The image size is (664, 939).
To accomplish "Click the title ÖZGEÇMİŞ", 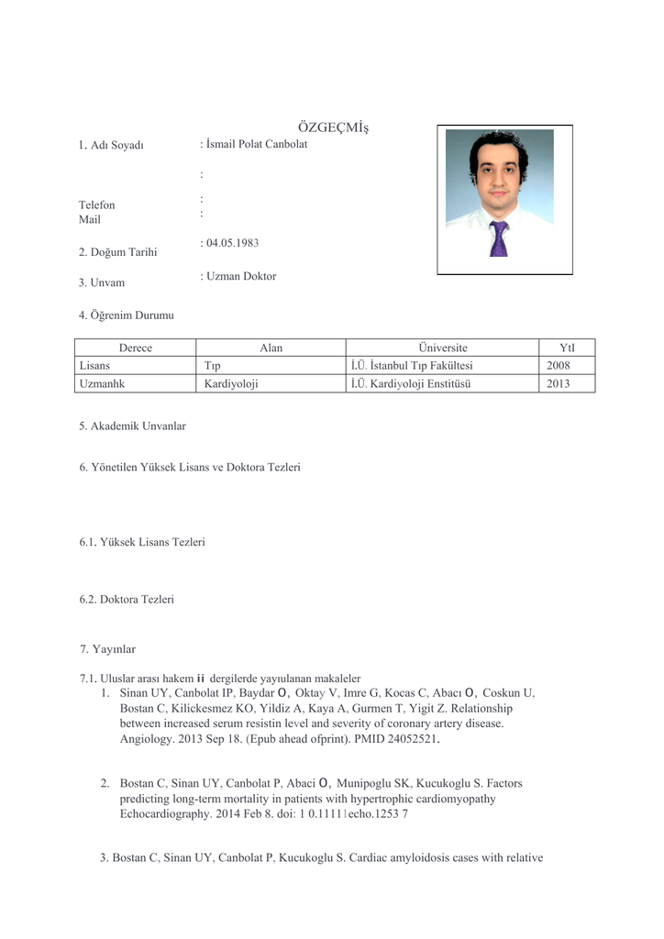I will click(326, 127).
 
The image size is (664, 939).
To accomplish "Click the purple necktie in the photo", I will click(498, 238).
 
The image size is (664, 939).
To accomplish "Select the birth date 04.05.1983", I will click(233, 243).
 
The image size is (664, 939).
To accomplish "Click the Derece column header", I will click(135, 348).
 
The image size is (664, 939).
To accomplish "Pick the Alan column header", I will click(271, 348).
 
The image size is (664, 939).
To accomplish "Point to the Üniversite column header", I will click(442, 348).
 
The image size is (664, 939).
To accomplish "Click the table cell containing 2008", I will click(558, 366).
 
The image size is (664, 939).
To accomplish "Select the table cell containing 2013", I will click(558, 384).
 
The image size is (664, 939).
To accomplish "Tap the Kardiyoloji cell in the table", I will click(231, 384).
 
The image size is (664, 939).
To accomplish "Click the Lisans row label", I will click(95, 366).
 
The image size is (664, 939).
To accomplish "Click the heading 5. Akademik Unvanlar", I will click(132, 425).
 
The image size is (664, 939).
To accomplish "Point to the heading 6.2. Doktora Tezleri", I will click(127, 600).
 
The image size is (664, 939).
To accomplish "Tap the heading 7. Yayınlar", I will click(107, 649).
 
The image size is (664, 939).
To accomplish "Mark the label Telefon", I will click(97, 205).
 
